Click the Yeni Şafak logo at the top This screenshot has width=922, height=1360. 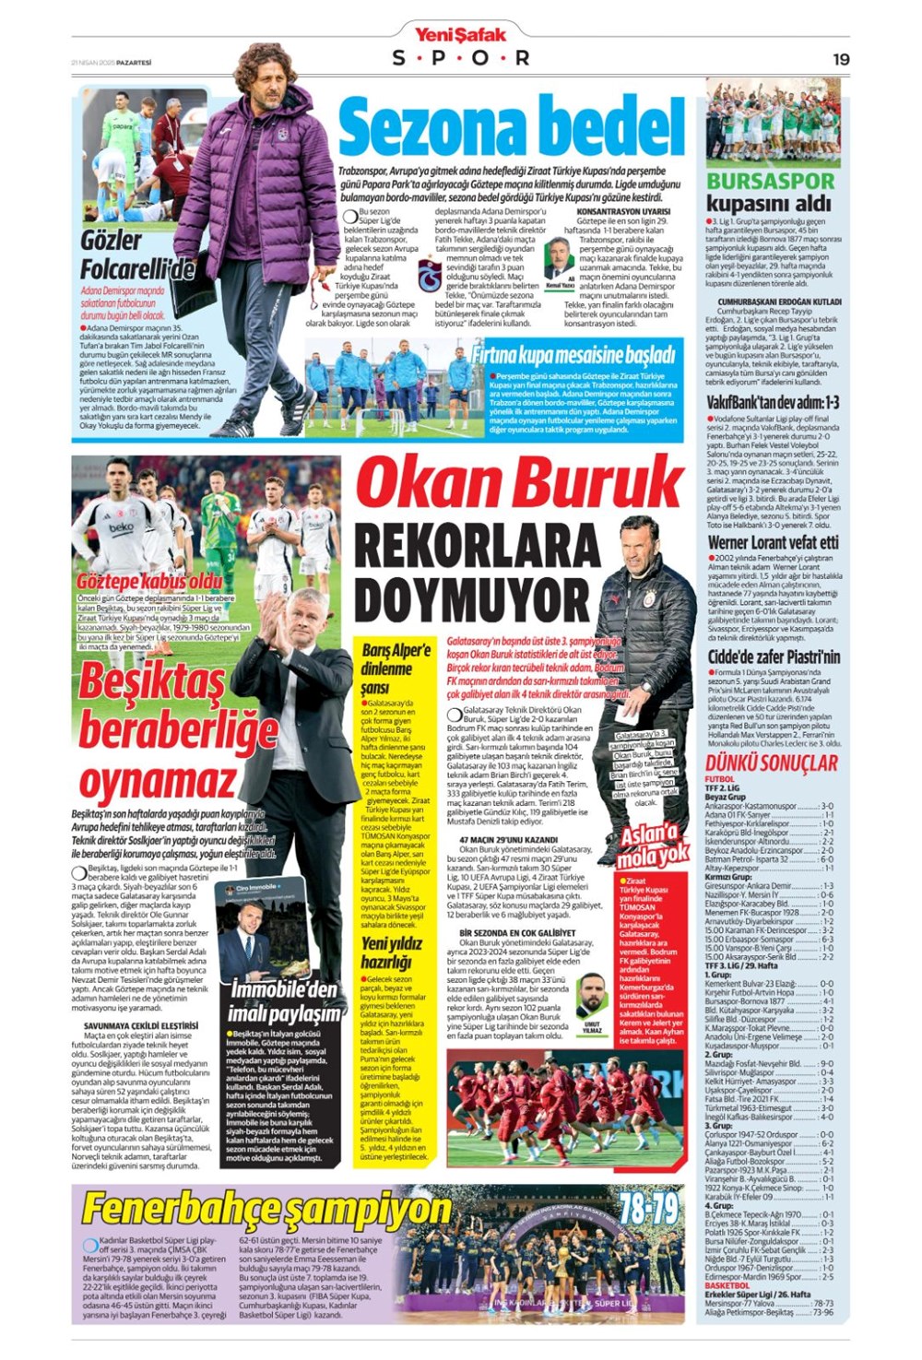460,35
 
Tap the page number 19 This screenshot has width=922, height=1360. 840,59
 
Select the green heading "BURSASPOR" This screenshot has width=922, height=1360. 770,181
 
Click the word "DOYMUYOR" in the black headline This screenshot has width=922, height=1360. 471,601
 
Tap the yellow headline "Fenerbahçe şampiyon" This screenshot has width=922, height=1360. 266,1210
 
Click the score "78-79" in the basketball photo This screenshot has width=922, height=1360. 648,1209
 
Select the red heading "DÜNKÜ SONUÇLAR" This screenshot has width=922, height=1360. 772,763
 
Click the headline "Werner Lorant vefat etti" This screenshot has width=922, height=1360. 773,542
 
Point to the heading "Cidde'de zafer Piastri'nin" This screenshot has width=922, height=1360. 773,656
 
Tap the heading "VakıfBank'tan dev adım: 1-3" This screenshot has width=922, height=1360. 773,402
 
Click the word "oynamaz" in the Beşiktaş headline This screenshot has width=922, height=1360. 158,782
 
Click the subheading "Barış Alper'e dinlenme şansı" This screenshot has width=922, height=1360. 396,668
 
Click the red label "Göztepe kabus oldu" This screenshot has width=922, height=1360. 149,582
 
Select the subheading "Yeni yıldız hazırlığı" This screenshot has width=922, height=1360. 391,952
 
